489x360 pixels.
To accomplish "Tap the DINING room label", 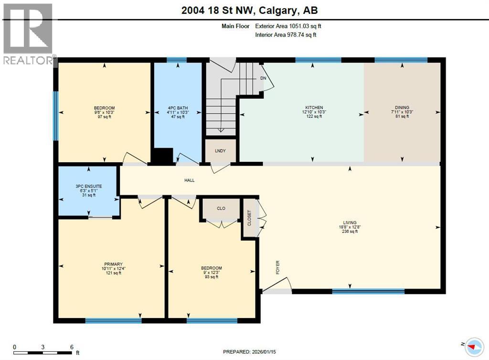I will pos(402,107).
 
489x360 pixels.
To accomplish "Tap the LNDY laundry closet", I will pos(220,151).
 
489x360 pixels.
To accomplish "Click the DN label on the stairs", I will pos(263,78).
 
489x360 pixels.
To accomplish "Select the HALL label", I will pos(190,180).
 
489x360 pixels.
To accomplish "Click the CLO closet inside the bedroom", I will pos(221,208).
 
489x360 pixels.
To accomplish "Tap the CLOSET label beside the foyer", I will pos(249,218).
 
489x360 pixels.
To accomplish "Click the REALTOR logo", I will pos(28,33).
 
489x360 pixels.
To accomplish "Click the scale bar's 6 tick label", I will pos(72,347).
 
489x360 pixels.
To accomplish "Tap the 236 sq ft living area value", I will pos(350,232).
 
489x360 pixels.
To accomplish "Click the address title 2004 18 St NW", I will pos(244,9).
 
